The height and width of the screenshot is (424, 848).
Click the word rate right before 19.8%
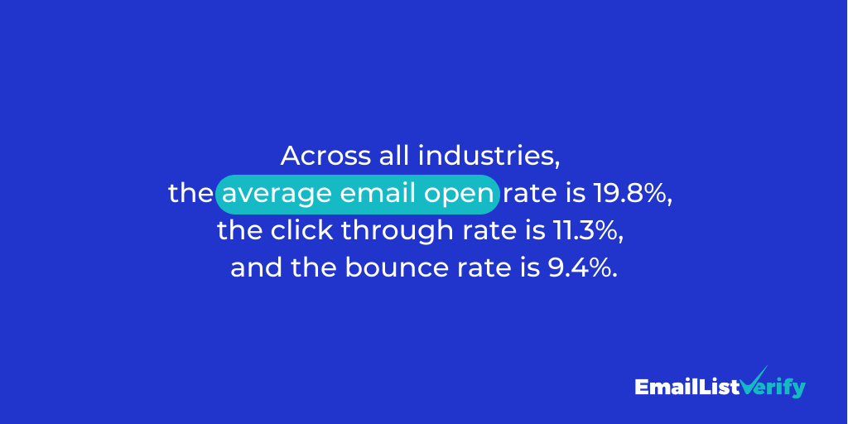click(529, 195)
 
